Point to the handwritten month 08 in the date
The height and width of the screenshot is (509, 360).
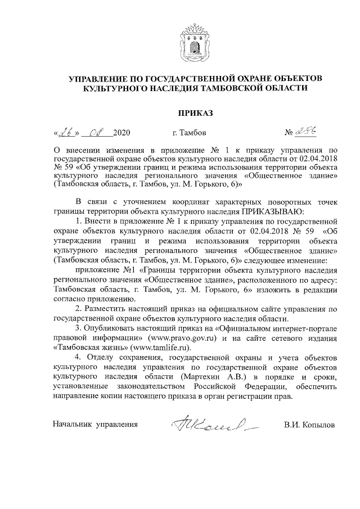coord(96,133)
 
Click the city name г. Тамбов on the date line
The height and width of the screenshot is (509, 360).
coord(190,133)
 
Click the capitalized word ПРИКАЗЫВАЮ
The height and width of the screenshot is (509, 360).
coord(272,211)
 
